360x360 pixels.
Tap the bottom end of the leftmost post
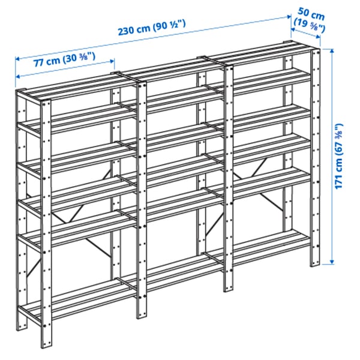tap(23, 328)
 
